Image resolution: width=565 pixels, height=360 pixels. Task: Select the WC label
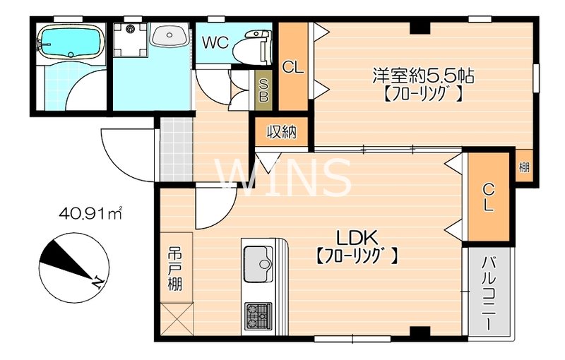pyautogui.click(x=215, y=42)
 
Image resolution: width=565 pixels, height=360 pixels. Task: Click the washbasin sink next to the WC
pyautogui.click(x=169, y=33)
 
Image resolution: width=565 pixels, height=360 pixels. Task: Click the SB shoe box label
pyautogui.click(x=263, y=90)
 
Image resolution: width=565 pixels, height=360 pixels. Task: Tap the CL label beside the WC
pyautogui.click(x=292, y=68)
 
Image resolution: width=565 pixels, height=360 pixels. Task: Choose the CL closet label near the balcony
pyautogui.click(x=489, y=198)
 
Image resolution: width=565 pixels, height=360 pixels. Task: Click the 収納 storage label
pyautogui.click(x=280, y=131)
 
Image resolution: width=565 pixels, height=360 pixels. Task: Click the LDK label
pyautogui.click(x=357, y=236)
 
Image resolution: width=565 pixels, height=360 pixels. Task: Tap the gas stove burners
pyautogui.click(x=258, y=315)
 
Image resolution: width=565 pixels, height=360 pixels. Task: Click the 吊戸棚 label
pyautogui.click(x=174, y=269)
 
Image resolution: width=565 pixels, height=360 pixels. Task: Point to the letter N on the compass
pyautogui.click(x=97, y=283)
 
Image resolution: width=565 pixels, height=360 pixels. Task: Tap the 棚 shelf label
pyautogui.click(x=524, y=167)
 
